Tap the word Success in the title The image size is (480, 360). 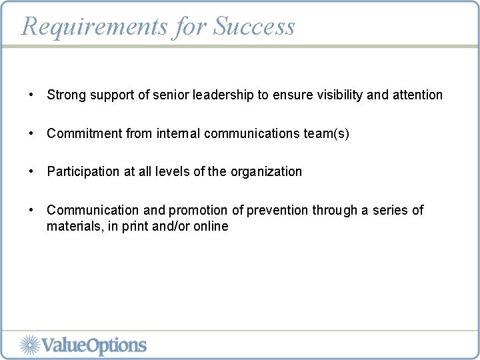pos(254,27)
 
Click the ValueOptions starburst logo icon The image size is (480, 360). pos(30,345)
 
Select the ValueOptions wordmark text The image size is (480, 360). pos(94,345)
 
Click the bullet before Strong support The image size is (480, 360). pos(31,95)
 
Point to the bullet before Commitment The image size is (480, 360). pos(31,133)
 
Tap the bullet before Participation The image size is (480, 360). pos(31,171)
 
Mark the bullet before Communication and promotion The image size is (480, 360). pos(31,210)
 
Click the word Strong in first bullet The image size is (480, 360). pos(65,95)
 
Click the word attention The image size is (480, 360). pos(417,95)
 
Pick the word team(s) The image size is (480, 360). pos(326,134)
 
